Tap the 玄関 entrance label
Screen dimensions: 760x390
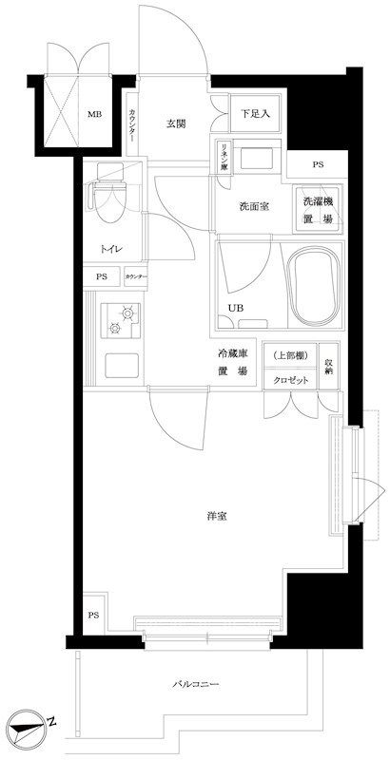(175, 124)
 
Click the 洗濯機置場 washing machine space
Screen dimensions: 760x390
(318, 209)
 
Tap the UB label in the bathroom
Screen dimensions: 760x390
(234, 307)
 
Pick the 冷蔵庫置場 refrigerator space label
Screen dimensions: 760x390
(232, 362)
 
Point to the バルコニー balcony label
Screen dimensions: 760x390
(196, 684)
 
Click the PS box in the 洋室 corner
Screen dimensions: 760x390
(93, 615)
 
